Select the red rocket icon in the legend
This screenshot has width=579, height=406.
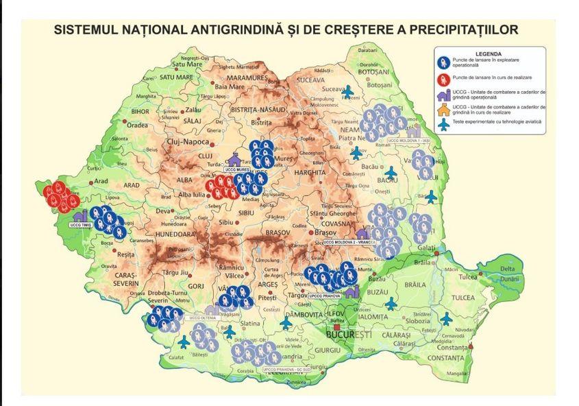(443, 77)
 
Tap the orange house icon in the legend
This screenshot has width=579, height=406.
(443, 110)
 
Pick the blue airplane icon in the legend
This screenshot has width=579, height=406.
(443, 122)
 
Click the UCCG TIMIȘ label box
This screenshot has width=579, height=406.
(82, 224)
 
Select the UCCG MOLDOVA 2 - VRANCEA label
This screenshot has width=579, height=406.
(349, 242)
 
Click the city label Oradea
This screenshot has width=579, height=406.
(137, 125)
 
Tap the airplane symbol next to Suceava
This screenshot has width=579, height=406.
(349, 91)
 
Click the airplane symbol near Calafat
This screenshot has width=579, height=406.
(184, 341)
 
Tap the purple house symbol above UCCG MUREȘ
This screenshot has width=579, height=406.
(236, 159)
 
